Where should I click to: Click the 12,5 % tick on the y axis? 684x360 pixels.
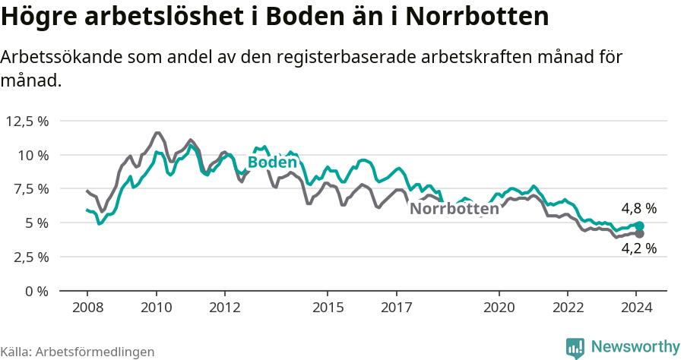[x=27, y=121]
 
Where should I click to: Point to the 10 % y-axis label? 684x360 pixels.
[x=33, y=155]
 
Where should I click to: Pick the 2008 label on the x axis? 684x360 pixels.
[x=87, y=308]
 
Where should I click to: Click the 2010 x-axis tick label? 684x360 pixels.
[x=156, y=308]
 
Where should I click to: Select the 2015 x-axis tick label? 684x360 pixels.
[x=328, y=308]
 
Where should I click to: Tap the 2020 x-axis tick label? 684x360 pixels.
[x=499, y=308]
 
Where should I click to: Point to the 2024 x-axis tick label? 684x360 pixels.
[x=637, y=308]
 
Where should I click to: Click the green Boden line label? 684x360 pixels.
[x=272, y=163]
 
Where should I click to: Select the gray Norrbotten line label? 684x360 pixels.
[x=454, y=209]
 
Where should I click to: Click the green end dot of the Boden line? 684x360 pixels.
[x=640, y=226]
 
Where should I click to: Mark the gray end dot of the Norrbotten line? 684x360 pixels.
[x=640, y=234]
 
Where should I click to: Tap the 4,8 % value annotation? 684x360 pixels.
[x=638, y=208]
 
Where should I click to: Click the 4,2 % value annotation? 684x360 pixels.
[x=638, y=248]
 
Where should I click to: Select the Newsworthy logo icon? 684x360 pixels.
[x=575, y=347]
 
